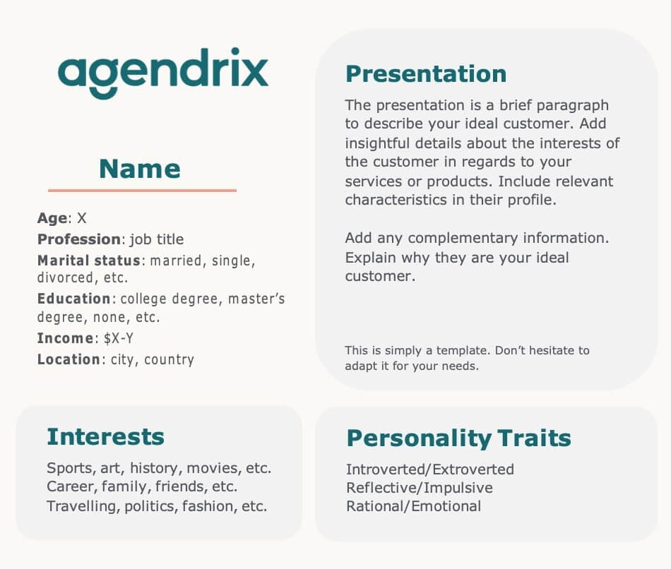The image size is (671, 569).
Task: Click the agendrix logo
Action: (x=163, y=73)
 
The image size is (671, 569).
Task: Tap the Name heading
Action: (x=140, y=169)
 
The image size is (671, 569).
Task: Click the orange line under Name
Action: (x=142, y=191)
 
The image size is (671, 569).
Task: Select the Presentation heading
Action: (x=425, y=73)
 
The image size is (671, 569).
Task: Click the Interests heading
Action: (x=105, y=437)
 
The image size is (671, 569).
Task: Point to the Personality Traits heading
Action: (x=458, y=438)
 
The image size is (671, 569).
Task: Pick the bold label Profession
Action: (x=79, y=239)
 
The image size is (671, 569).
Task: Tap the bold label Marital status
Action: (x=89, y=260)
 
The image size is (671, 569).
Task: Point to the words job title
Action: (x=156, y=239)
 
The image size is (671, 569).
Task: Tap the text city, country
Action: (x=152, y=359)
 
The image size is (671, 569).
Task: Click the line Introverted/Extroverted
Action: (x=429, y=469)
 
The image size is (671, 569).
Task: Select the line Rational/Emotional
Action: (x=413, y=506)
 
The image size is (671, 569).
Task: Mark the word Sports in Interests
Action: (x=69, y=468)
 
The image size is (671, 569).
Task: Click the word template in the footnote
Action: (x=456, y=350)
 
